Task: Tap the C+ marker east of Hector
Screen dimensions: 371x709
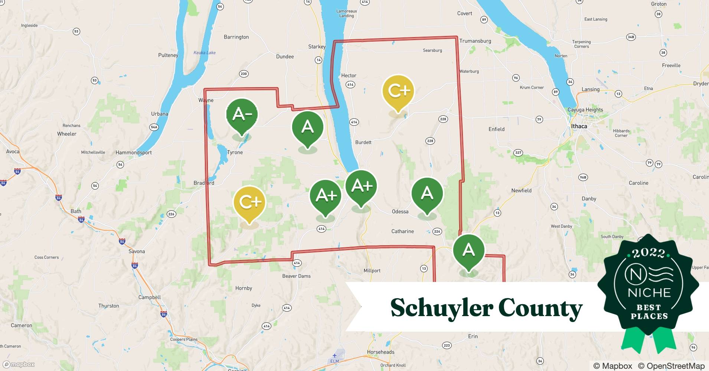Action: [398, 91]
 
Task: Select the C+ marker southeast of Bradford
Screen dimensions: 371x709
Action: [249, 202]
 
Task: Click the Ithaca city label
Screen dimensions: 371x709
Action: [579, 126]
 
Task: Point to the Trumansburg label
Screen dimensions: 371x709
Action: [475, 41]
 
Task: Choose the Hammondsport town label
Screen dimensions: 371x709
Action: [134, 152]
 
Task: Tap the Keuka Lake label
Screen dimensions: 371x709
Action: [205, 53]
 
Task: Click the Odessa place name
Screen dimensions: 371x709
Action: [400, 211]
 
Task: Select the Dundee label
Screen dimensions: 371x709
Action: [285, 57]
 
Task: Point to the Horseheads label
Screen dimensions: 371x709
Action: [380, 352]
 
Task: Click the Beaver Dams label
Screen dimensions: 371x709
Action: [296, 276]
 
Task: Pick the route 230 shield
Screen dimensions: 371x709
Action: [244, 74]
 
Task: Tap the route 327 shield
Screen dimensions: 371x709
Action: [518, 152]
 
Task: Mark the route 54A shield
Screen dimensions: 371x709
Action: [154, 127]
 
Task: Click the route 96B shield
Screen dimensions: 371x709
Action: [583, 177]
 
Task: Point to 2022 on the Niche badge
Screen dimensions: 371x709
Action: [648, 253]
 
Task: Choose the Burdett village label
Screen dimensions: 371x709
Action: [363, 142]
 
